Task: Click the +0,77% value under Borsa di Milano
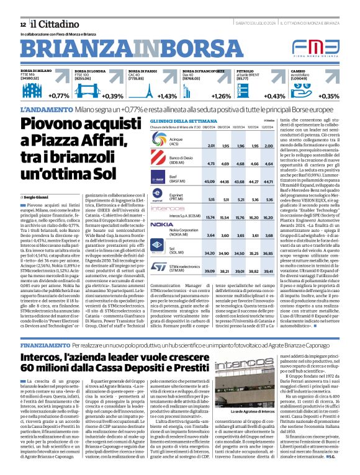pyautogui.click(x=58, y=96)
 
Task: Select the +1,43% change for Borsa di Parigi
pyautogui.click(x=167, y=96)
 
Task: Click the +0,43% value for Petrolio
pyautogui.click(x=275, y=96)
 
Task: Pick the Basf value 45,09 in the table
pyautogui.click(x=210, y=182)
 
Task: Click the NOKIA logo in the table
pyautogui.click(x=162, y=224)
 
